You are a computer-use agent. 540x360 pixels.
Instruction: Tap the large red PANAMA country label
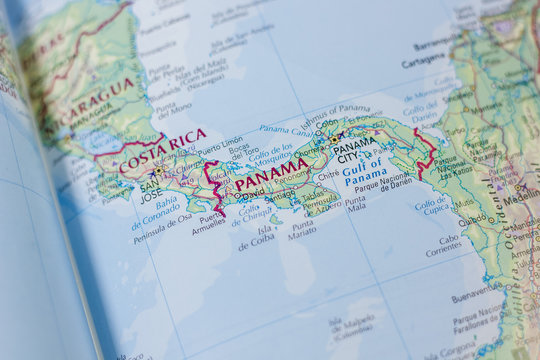click(271, 174)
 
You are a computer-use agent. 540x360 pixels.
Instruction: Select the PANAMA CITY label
click(355, 149)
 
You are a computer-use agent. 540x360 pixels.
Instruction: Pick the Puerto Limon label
click(220, 141)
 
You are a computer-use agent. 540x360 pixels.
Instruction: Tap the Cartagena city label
click(424, 60)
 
